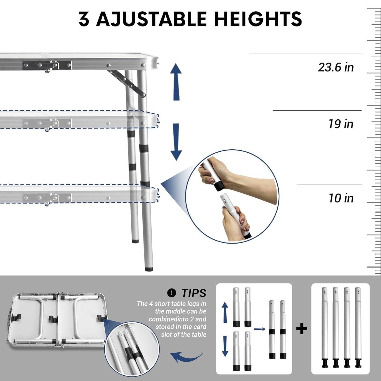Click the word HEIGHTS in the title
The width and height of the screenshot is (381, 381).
pyautogui.click(x=258, y=19)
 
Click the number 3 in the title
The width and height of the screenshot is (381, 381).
pyautogui.click(x=84, y=19)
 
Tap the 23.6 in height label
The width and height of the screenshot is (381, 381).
pyautogui.click(x=336, y=67)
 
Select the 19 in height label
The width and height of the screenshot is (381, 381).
pyautogui.click(x=341, y=124)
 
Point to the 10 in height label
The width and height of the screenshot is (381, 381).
pyautogui.click(x=341, y=198)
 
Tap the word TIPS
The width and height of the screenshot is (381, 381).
pyautogui.click(x=194, y=293)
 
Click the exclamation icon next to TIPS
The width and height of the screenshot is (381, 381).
pyautogui.click(x=172, y=293)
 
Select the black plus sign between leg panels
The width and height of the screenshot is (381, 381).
pyautogui.click(x=302, y=329)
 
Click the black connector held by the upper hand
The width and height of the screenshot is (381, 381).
pyautogui.click(x=218, y=187)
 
